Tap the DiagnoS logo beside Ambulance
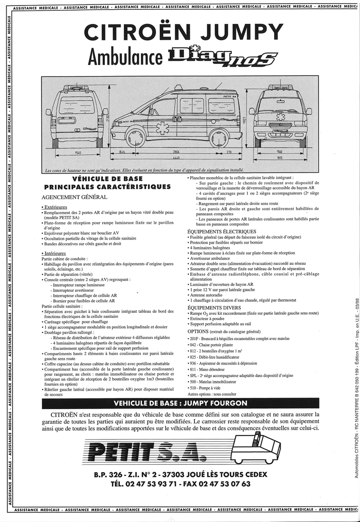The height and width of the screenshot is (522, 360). coord(222,57)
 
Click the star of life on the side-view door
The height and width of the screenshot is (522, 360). coord(159,129)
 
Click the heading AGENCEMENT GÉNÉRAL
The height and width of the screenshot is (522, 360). coord(74,197)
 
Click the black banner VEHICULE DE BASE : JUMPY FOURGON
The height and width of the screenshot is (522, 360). coord(180,403)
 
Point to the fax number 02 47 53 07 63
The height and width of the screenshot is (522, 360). coord(227,484)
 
